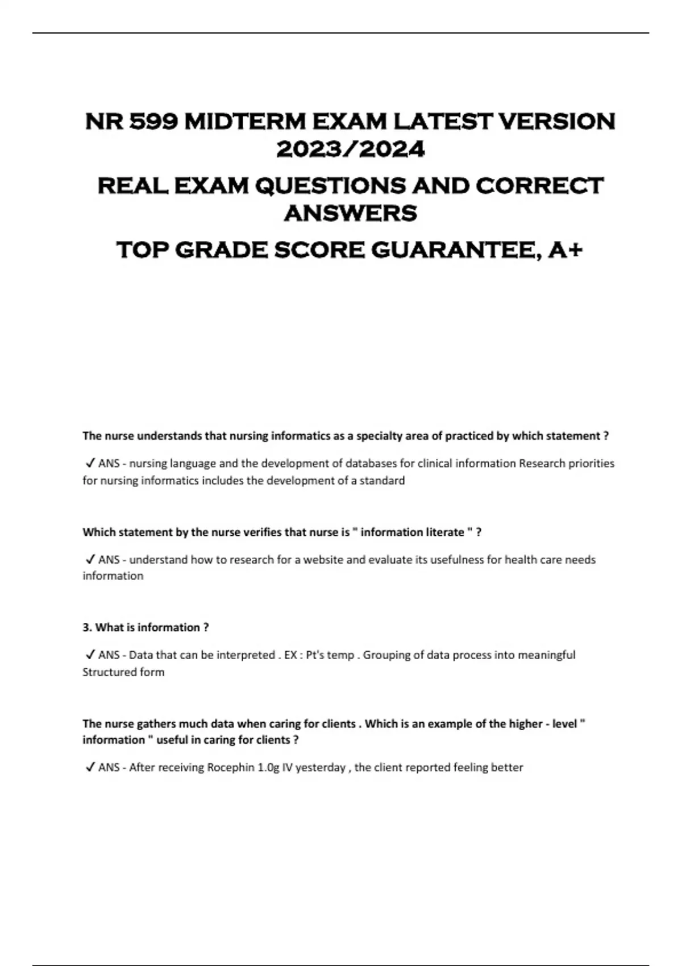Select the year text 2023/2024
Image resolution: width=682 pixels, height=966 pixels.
pos(351,149)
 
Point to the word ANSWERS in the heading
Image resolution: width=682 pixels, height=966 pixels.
pos(351,214)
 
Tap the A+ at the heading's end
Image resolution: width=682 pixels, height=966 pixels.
pos(565,250)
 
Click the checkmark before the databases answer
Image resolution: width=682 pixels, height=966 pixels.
pos(90,463)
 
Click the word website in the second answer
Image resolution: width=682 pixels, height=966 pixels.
pos(323,560)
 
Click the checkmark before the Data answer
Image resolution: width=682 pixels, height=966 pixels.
pos(90,655)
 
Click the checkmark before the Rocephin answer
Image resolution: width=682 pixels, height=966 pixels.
pos(90,767)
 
